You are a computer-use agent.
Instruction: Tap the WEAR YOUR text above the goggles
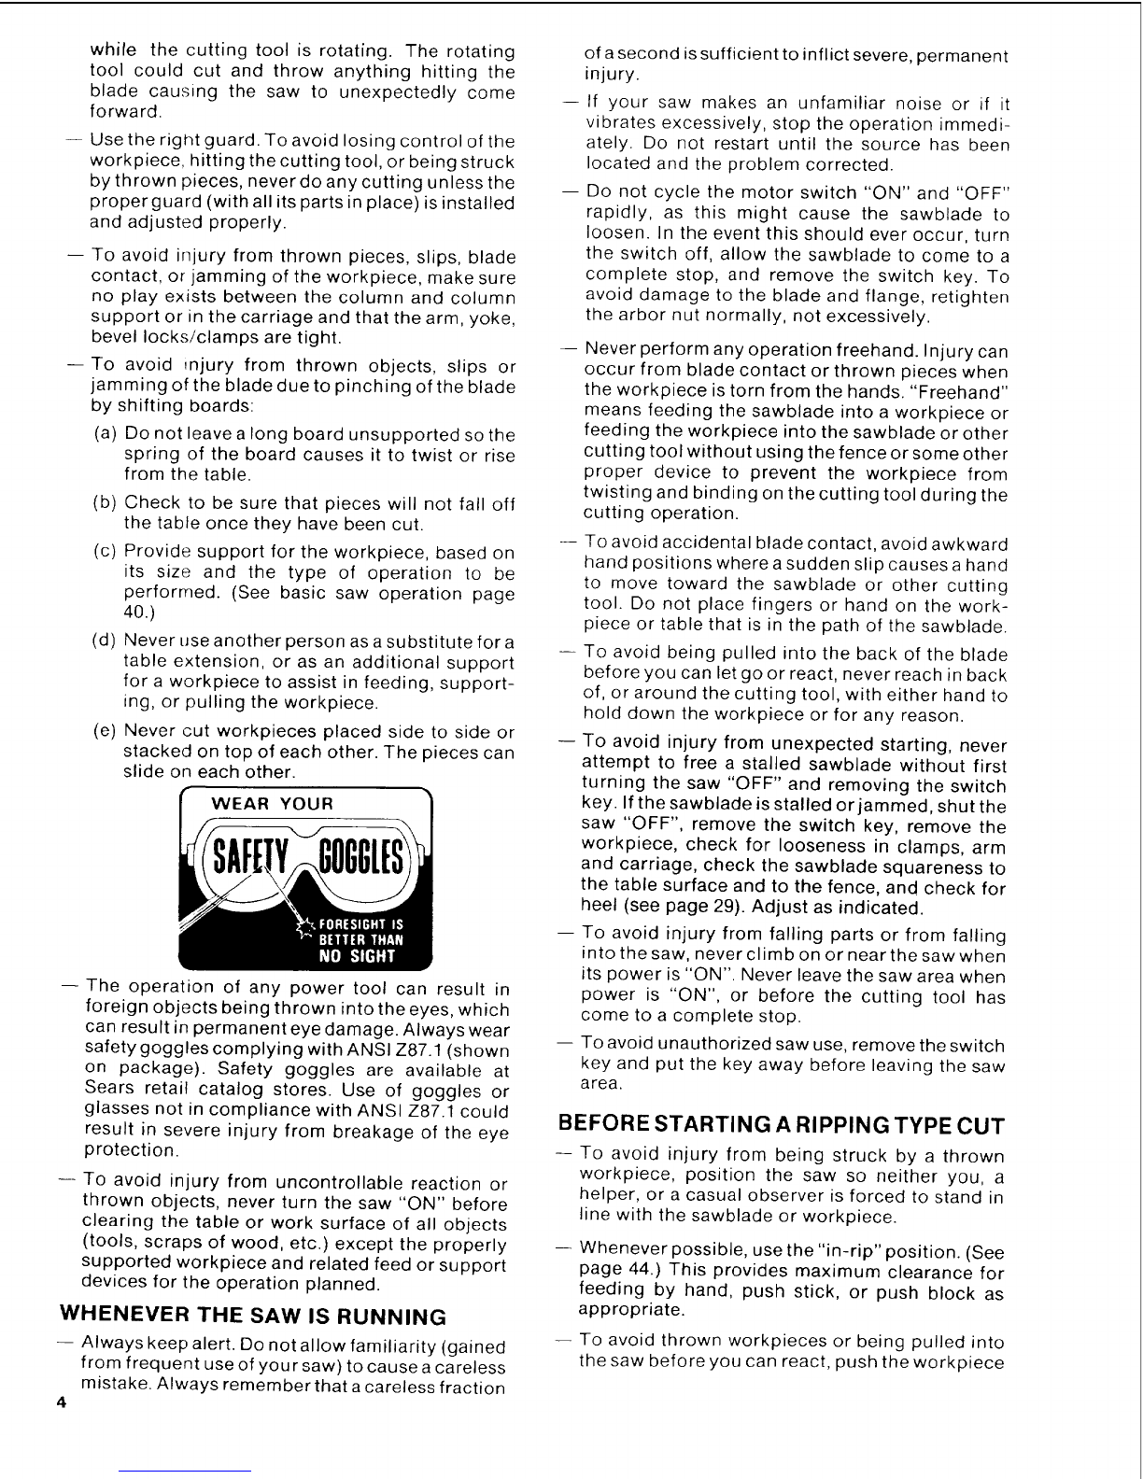coord(274,804)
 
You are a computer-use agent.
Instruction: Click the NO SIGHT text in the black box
coord(357,955)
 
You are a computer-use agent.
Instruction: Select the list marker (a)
coord(106,434)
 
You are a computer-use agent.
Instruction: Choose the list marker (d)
coord(106,641)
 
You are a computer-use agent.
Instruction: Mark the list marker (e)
coord(106,731)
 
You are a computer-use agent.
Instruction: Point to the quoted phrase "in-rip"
coord(834,1251)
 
